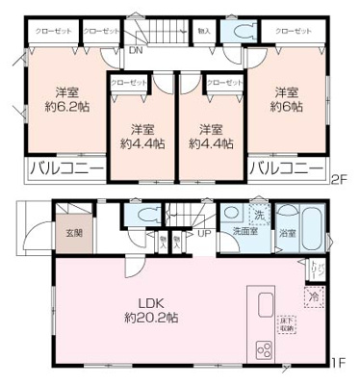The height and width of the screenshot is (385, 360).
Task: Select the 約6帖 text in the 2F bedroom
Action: [x=286, y=108]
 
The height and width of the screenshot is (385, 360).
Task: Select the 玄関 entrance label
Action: [x=74, y=232]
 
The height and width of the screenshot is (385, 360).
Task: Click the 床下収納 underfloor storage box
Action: [x=286, y=324]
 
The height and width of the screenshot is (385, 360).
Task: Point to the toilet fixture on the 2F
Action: [x=233, y=31]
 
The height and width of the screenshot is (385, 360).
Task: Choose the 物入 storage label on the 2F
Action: [x=203, y=31]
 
